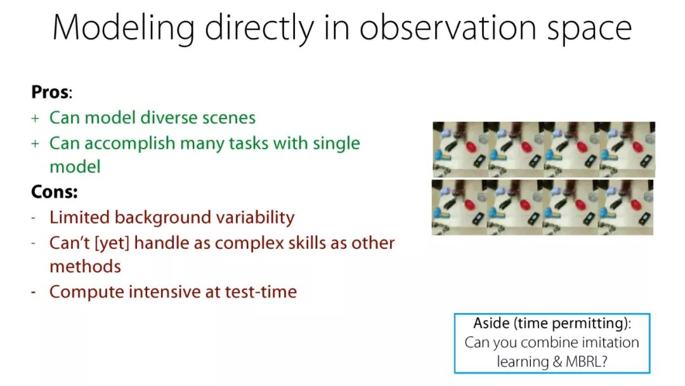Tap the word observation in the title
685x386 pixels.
[x=448, y=27]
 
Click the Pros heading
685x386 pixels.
[x=51, y=92]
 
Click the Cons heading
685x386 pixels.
[x=54, y=192]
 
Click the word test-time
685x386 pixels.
[x=261, y=292]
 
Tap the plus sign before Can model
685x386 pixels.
[x=35, y=119]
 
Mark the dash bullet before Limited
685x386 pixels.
[x=34, y=218]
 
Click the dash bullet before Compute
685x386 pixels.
[x=34, y=292]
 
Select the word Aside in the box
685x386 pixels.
[x=492, y=323]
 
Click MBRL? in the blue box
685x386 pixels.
[x=586, y=361]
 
